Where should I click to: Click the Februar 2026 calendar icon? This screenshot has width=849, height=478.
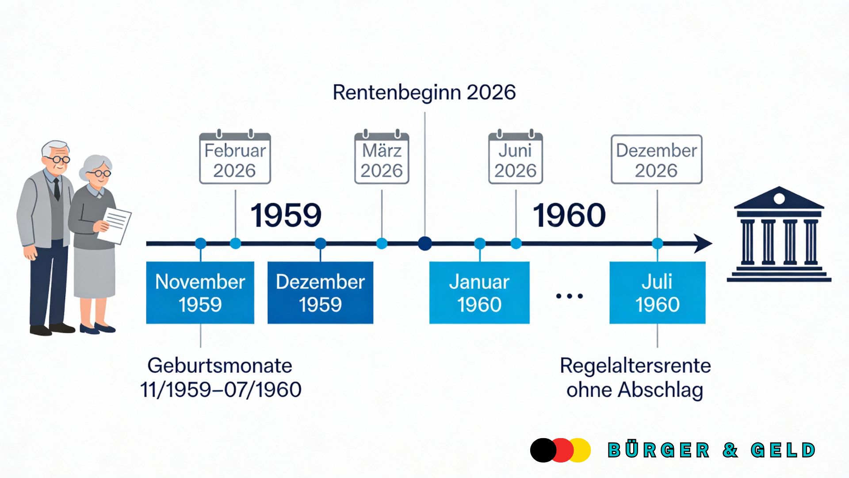click(235, 158)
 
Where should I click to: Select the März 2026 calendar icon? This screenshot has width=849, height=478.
click(382, 158)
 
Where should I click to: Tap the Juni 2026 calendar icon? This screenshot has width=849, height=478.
click(515, 158)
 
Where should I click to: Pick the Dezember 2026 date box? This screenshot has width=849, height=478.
click(656, 159)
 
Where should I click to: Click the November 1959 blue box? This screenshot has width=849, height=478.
click(200, 293)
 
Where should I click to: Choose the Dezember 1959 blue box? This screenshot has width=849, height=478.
click(320, 293)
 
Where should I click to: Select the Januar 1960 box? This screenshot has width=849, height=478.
click(479, 293)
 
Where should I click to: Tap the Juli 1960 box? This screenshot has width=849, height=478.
click(657, 293)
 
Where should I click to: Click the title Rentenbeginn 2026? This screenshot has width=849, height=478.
click(424, 93)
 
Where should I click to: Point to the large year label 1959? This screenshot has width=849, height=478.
click(286, 216)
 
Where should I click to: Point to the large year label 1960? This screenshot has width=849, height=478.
click(569, 216)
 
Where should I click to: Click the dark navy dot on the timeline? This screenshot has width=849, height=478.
click(425, 243)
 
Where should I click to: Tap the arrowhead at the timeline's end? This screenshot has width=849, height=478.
click(703, 243)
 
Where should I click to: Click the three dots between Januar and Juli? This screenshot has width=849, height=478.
click(569, 296)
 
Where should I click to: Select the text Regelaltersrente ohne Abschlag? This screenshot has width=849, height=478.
click(635, 378)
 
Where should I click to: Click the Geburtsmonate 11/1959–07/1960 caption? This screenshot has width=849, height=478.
click(220, 378)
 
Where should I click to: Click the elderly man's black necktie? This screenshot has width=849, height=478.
click(57, 188)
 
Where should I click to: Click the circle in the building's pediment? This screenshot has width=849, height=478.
click(779, 198)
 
